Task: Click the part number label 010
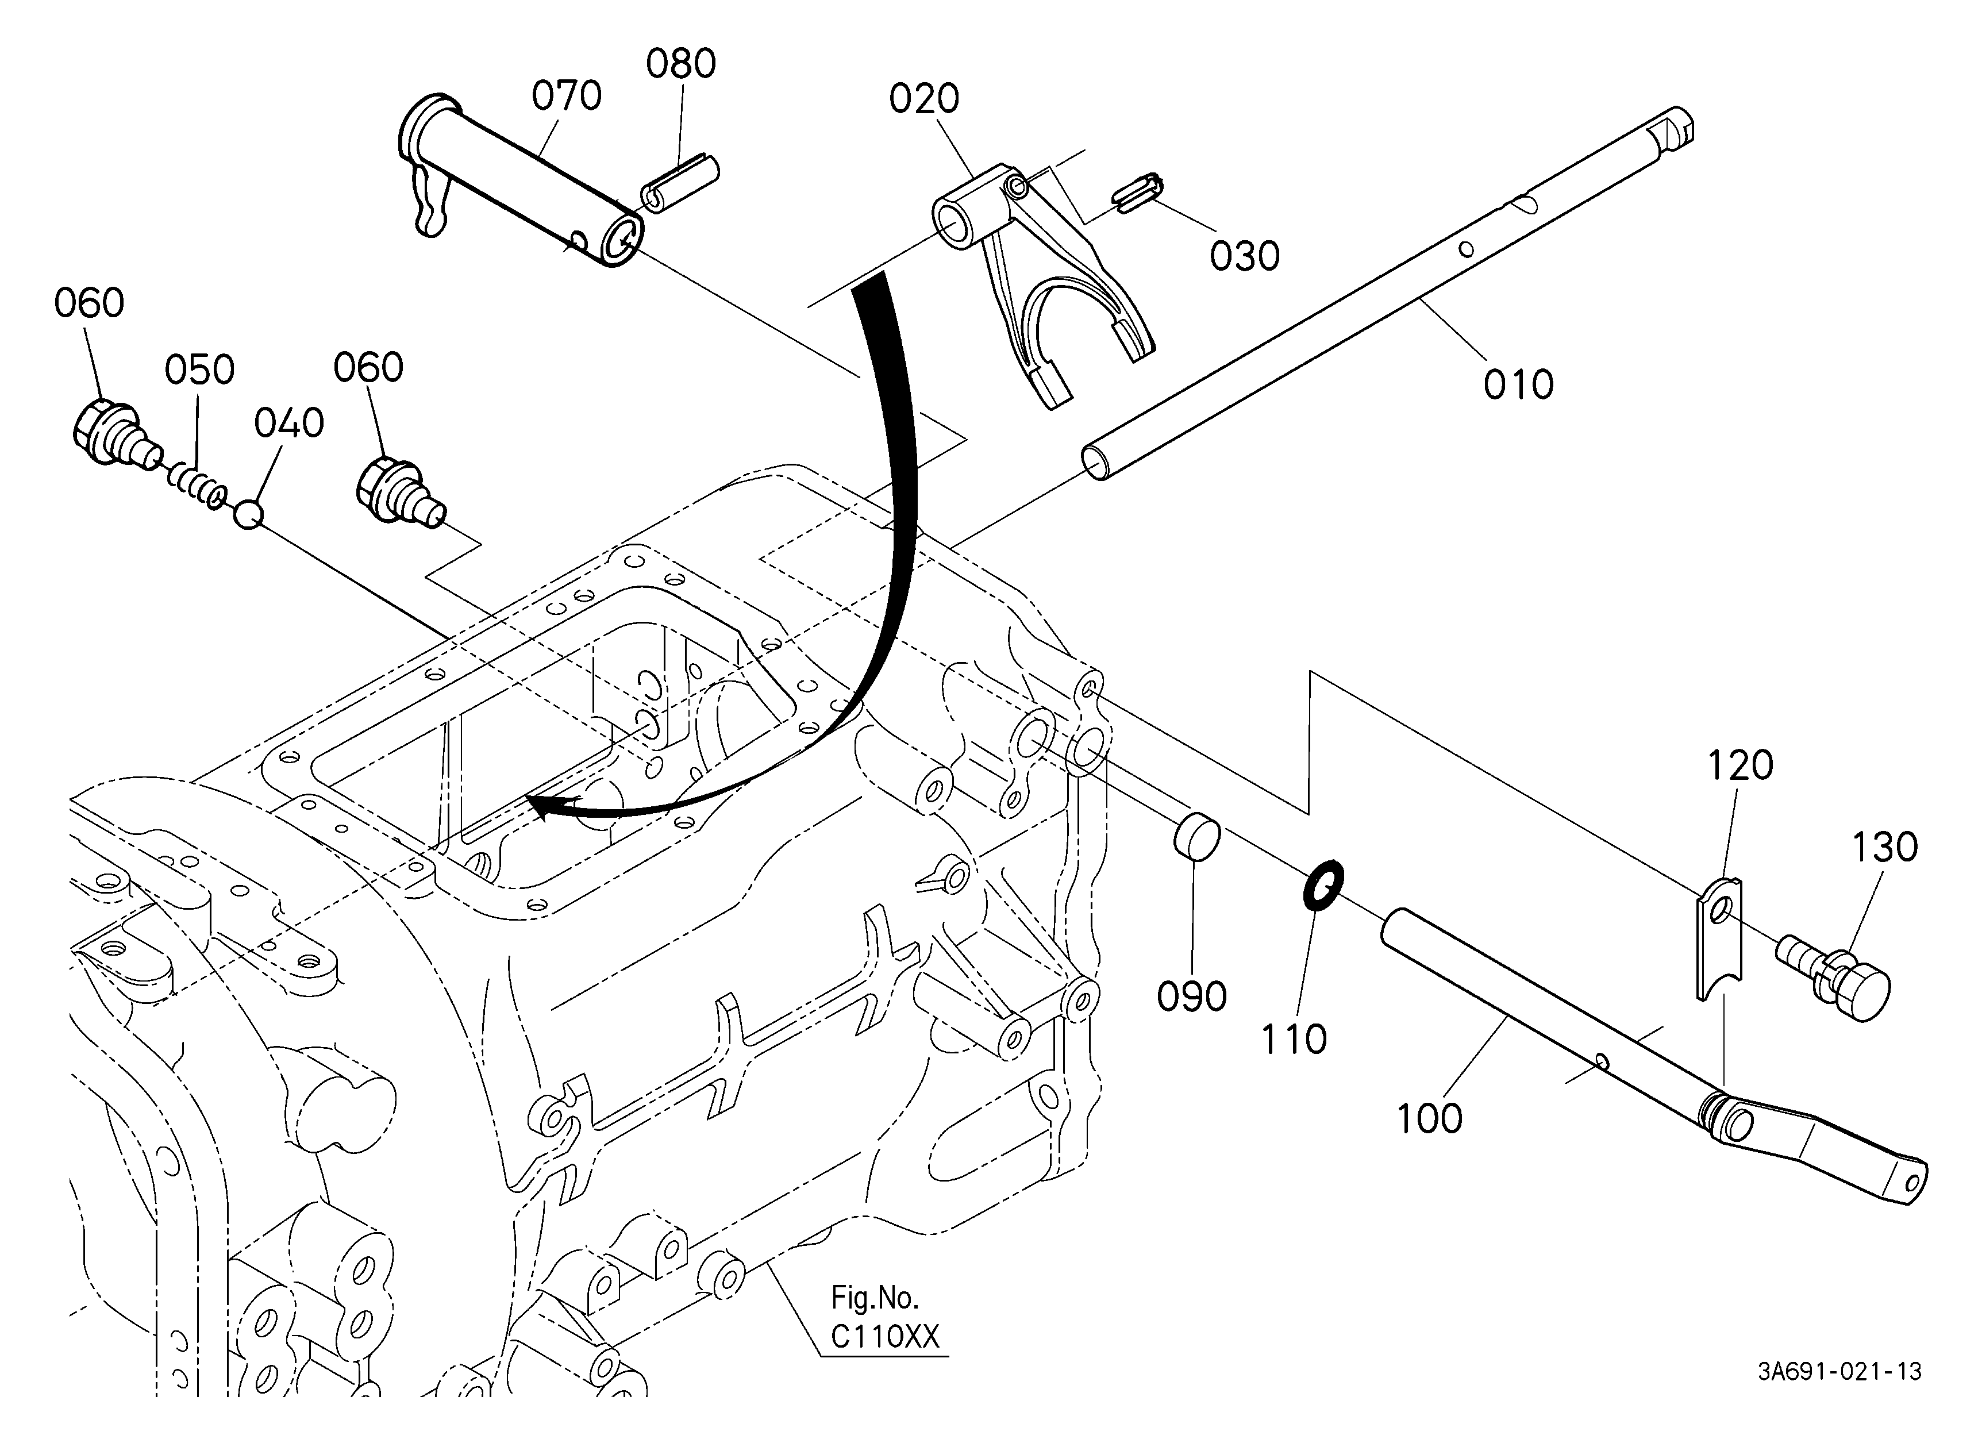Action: coord(1518,384)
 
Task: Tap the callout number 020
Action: coord(923,99)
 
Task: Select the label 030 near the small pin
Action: coord(1245,256)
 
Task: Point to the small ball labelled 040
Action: coord(248,514)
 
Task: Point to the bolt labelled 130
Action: coord(1833,975)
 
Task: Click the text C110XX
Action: coord(884,1337)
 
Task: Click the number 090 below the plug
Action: coord(1191,997)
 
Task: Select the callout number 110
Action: coord(1294,1040)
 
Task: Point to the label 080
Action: coord(681,65)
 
